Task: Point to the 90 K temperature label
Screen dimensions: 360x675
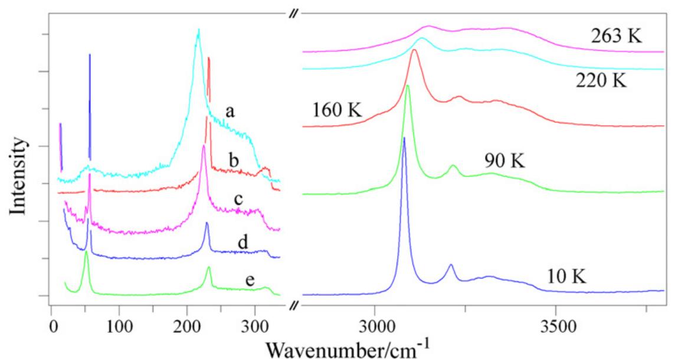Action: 504,161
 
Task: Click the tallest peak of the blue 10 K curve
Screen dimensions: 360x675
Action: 404,138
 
